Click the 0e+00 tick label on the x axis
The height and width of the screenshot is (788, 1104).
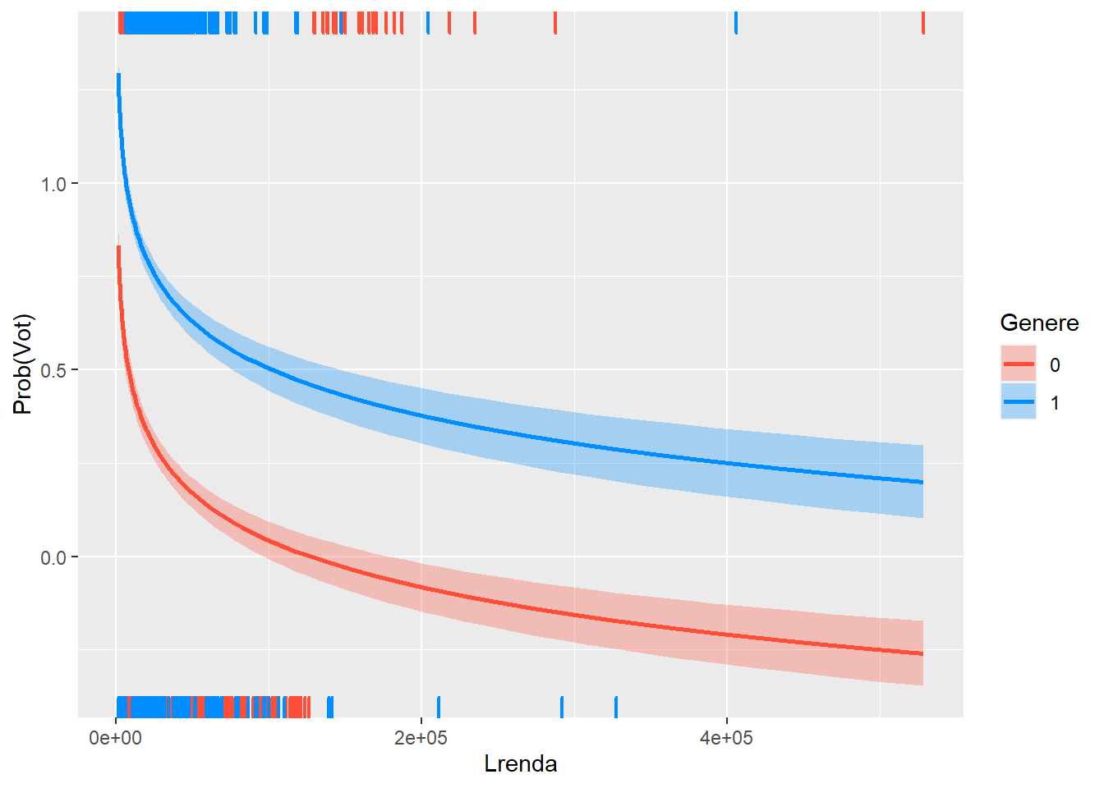pos(115,739)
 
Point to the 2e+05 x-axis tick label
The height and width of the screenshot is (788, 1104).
pos(421,739)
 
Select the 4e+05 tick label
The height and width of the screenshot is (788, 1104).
pos(726,739)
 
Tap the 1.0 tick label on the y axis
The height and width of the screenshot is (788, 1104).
pos(53,184)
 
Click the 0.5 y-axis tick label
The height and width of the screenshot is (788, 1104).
pos(53,370)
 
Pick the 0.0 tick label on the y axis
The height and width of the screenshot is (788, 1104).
pos(53,557)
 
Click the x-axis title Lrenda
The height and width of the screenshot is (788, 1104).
pos(521,764)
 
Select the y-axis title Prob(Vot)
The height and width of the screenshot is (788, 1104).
pos(23,364)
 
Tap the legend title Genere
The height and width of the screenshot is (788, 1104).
pos(1039,323)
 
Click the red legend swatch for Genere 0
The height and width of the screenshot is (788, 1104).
pos(1019,364)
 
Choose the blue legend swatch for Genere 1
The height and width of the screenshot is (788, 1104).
pos(1019,402)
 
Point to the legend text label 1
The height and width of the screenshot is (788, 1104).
pos(1056,403)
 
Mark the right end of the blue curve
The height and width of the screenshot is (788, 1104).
pos(922,482)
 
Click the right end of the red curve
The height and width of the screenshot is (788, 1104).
pos(922,654)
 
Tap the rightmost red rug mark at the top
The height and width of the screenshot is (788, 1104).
pos(923,23)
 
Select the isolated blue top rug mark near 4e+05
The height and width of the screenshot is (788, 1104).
pos(736,23)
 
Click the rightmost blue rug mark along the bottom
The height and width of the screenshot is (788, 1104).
pos(616,707)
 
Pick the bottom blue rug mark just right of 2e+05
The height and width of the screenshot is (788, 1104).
pos(439,707)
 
